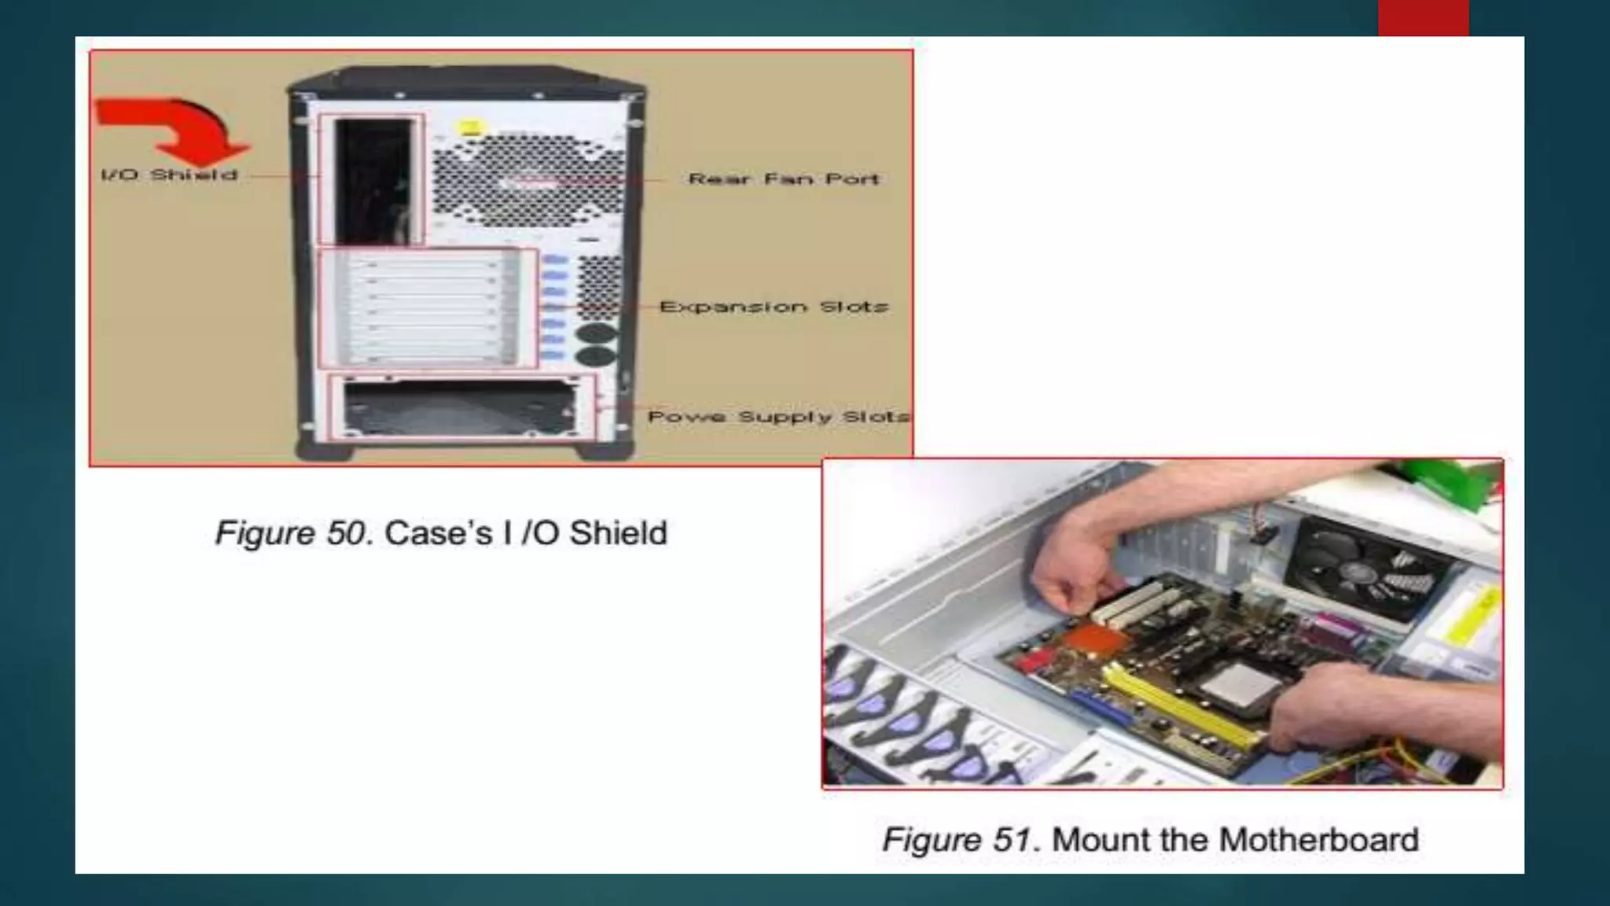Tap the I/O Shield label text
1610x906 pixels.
pos(170,175)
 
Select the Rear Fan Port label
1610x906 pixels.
pos(784,179)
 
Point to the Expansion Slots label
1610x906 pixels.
pos(774,307)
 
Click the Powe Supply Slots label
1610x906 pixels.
pos(779,416)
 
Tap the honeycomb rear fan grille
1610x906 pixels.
pos(528,178)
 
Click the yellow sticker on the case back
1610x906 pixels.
pos(471,128)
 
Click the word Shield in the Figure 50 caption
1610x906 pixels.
pos(618,533)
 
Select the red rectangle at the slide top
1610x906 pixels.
pos(1423,18)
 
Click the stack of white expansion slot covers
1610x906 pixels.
pos(425,309)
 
